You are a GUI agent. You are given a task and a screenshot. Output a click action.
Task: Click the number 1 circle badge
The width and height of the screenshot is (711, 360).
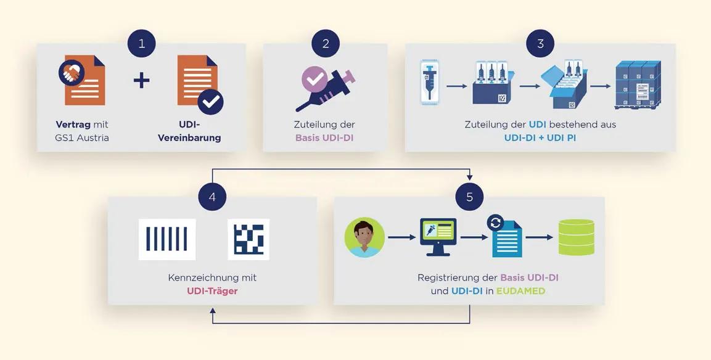coord(142,44)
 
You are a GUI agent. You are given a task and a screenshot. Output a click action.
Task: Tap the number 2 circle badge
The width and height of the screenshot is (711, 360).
coord(326,44)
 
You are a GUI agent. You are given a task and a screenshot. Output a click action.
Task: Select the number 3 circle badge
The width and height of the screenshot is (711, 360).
coord(540,44)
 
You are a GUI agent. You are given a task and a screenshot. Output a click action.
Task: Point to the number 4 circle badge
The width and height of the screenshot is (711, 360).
coord(212,197)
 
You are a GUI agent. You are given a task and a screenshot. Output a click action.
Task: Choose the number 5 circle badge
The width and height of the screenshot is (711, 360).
coord(470,197)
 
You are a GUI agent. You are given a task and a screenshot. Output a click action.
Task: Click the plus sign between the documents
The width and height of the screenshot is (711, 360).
coord(142,80)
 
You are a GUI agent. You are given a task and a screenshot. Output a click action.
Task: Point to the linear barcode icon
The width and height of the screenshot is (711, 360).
coord(167,239)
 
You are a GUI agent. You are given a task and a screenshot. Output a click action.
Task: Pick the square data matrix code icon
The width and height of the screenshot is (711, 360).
coord(249,239)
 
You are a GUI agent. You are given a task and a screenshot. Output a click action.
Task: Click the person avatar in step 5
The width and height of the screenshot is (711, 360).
coord(365,237)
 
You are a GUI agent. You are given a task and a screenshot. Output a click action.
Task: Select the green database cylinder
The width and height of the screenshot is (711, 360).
coord(576,237)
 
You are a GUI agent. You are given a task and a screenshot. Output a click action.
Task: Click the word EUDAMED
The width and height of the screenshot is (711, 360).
coord(522,291)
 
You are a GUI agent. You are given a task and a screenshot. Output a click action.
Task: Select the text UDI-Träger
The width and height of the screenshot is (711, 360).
coord(212,291)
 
